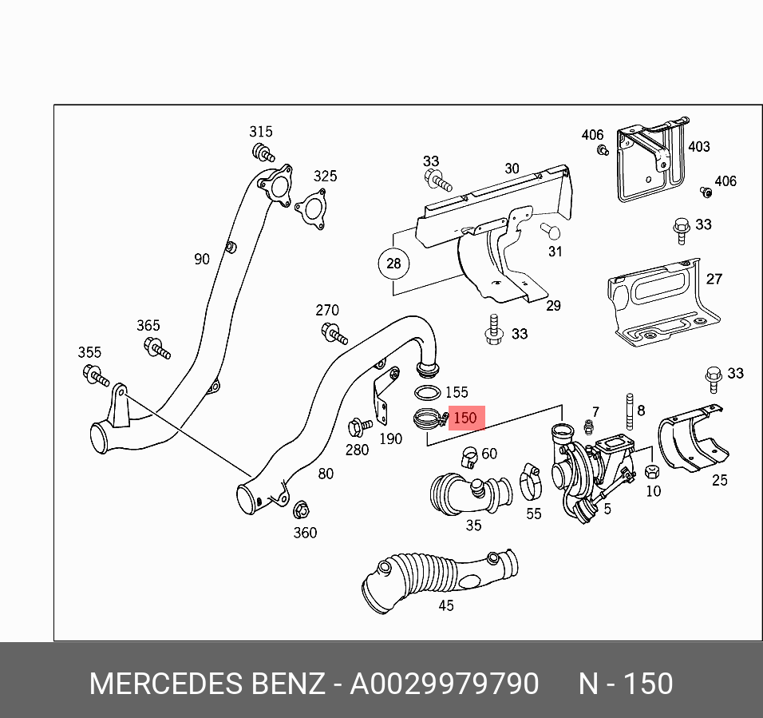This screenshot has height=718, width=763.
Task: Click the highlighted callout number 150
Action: [465, 418]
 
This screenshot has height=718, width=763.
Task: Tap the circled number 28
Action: [394, 264]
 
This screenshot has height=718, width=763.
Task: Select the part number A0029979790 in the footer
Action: [445, 684]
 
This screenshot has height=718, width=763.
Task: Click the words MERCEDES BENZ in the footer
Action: [207, 684]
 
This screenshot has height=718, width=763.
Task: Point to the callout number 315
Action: [260, 132]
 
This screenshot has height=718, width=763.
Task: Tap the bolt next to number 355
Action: [94, 374]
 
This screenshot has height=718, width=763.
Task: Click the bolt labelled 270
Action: [333, 332]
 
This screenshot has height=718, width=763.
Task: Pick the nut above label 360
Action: [301, 509]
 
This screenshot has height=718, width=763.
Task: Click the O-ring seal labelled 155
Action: [427, 392]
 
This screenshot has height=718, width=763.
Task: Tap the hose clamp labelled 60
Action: [468, 458]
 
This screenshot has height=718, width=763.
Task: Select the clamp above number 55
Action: [530, 481]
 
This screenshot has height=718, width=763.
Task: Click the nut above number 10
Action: [650, 471]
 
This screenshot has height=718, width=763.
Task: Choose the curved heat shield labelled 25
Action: [695, 441]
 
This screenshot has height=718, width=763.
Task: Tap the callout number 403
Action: [698, 146]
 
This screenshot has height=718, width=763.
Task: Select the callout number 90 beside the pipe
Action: [202, 259]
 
